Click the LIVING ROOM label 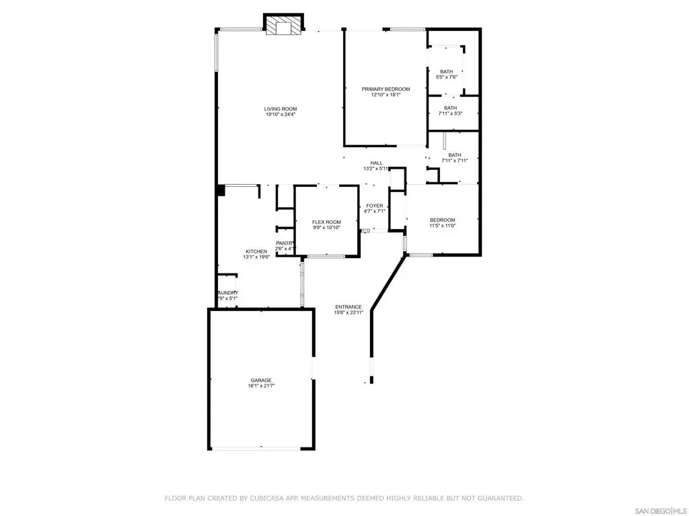[280, 109]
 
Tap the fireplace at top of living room [283, 27]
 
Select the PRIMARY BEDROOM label [386, 89]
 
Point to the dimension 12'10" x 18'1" [386, 95]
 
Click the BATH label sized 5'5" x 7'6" [447, 71]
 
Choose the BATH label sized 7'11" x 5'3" [450, 107]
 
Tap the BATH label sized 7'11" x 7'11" [455, 155]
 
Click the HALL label [376, 163]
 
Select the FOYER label [375, 206]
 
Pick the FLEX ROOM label [326, 222]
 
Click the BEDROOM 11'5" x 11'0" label [443, 220]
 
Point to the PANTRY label [285, 243]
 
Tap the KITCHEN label [256, 251]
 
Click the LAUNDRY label [227, 293]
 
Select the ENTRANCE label [349, 306]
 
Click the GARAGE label [262, 380]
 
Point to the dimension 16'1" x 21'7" [262, 386]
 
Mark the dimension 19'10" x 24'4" [280, 115]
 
